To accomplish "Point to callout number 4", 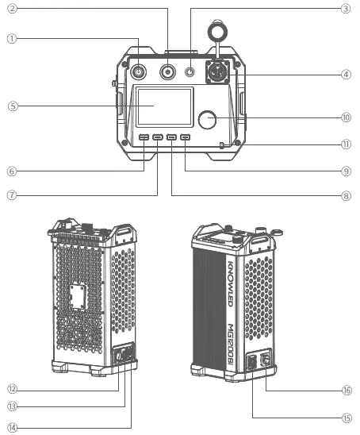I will click(x=346, y=75).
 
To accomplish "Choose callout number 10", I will click(x=346, y=117).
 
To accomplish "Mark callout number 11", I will click(x=346, y=144).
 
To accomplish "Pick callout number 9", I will click(x=346, y=170).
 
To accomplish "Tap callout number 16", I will click(x=346, y=391).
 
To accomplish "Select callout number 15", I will click(x=346, y=417).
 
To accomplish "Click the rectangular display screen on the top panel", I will click(x=163, y=107).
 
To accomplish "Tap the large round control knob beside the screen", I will click(x=209, y=120).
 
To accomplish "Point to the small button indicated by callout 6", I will click(x=144, y=139).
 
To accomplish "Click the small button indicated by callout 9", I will click(x=185, y=139).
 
